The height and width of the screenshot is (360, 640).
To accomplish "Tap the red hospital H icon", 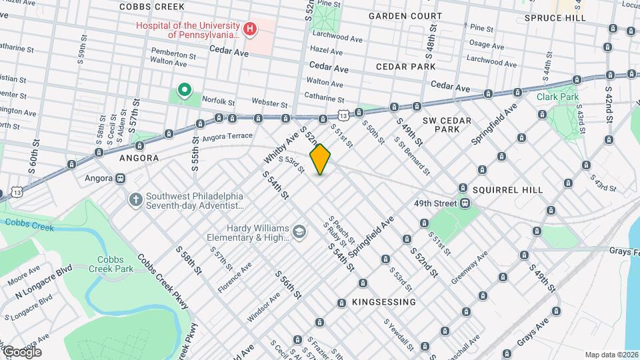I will click(249, 29).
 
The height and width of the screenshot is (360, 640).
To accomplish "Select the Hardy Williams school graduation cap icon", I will click(299, 231).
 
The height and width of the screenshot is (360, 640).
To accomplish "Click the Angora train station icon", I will click(121, 179).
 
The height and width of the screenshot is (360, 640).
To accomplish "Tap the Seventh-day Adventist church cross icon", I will click(135, 200).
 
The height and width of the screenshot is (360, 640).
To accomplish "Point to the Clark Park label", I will click(557, 96).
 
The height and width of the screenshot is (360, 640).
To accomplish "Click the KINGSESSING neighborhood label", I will click(384, 302).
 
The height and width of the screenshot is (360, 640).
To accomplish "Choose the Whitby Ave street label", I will click(279, 147).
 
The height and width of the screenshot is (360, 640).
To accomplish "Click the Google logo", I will click(22, 351).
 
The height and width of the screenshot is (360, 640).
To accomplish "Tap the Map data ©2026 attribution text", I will click(611, 355).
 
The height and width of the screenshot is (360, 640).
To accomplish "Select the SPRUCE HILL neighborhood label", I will click(555, 18).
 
